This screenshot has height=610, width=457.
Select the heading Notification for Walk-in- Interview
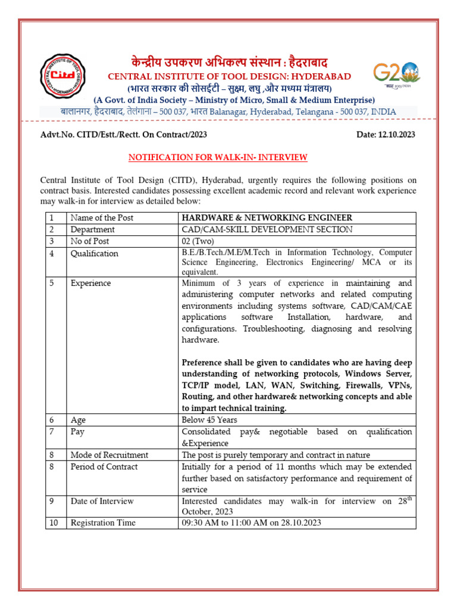pyautogui.click(x=218, y=157)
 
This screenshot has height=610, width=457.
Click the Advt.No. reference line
pyautogui.click(x=123, y=135)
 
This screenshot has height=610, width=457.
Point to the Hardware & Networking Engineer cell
pyautogui.click(x=267, y=218)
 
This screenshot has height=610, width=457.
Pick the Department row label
pyautogui.click(x=92, y=229)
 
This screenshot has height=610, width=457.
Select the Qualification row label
pyautogui.click(x=94, y=253)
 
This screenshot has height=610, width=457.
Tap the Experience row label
pyautogui.click(x=90, y=283)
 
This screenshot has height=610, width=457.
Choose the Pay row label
pyautogui.click(x=77, y=431)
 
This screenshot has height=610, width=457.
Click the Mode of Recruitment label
pyautogui.click(x=109, y=455)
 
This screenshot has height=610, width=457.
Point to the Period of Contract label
pyautogui.click(x=104, y=466)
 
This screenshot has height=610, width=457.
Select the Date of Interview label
pyautogui.click(x=102, y=501)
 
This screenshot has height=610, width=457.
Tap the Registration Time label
pyautogui.click(x=102, y=522)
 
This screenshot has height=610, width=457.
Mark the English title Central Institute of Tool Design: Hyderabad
pyautogui.click(x=228, y=76)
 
